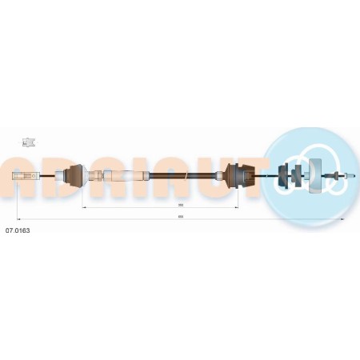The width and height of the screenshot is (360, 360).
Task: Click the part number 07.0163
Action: tap(18, 230)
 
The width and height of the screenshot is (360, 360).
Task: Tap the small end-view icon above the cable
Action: tap(29, 144)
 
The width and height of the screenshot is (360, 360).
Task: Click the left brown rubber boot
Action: tap(76, 176)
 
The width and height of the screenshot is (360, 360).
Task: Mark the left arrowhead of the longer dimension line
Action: tap(18, 219)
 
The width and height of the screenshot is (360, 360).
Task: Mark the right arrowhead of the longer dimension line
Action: tap(345, 219)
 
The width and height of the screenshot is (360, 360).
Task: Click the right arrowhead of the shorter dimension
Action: tap(238, 207)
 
